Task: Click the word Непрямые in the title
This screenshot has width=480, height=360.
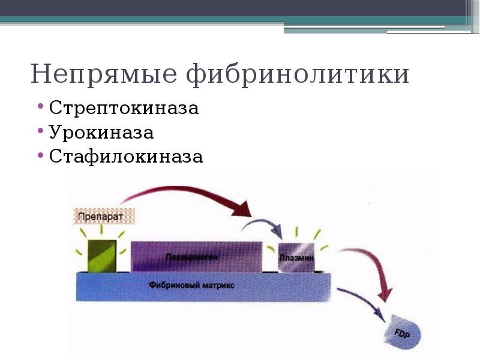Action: click(104, 75)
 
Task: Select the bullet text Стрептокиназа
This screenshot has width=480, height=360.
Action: click(124, 109)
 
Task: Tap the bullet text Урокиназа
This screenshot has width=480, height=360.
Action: click(101, 133)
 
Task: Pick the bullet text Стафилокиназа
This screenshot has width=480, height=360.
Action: click(126, 157)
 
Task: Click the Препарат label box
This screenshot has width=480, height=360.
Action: click(103, 215)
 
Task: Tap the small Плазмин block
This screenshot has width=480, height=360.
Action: click(297, 258)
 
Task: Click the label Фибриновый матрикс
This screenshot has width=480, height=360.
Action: click(192, 286)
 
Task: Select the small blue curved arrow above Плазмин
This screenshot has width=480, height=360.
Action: click(264, 223)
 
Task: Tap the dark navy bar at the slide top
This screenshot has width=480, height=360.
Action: click(240, 8)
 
